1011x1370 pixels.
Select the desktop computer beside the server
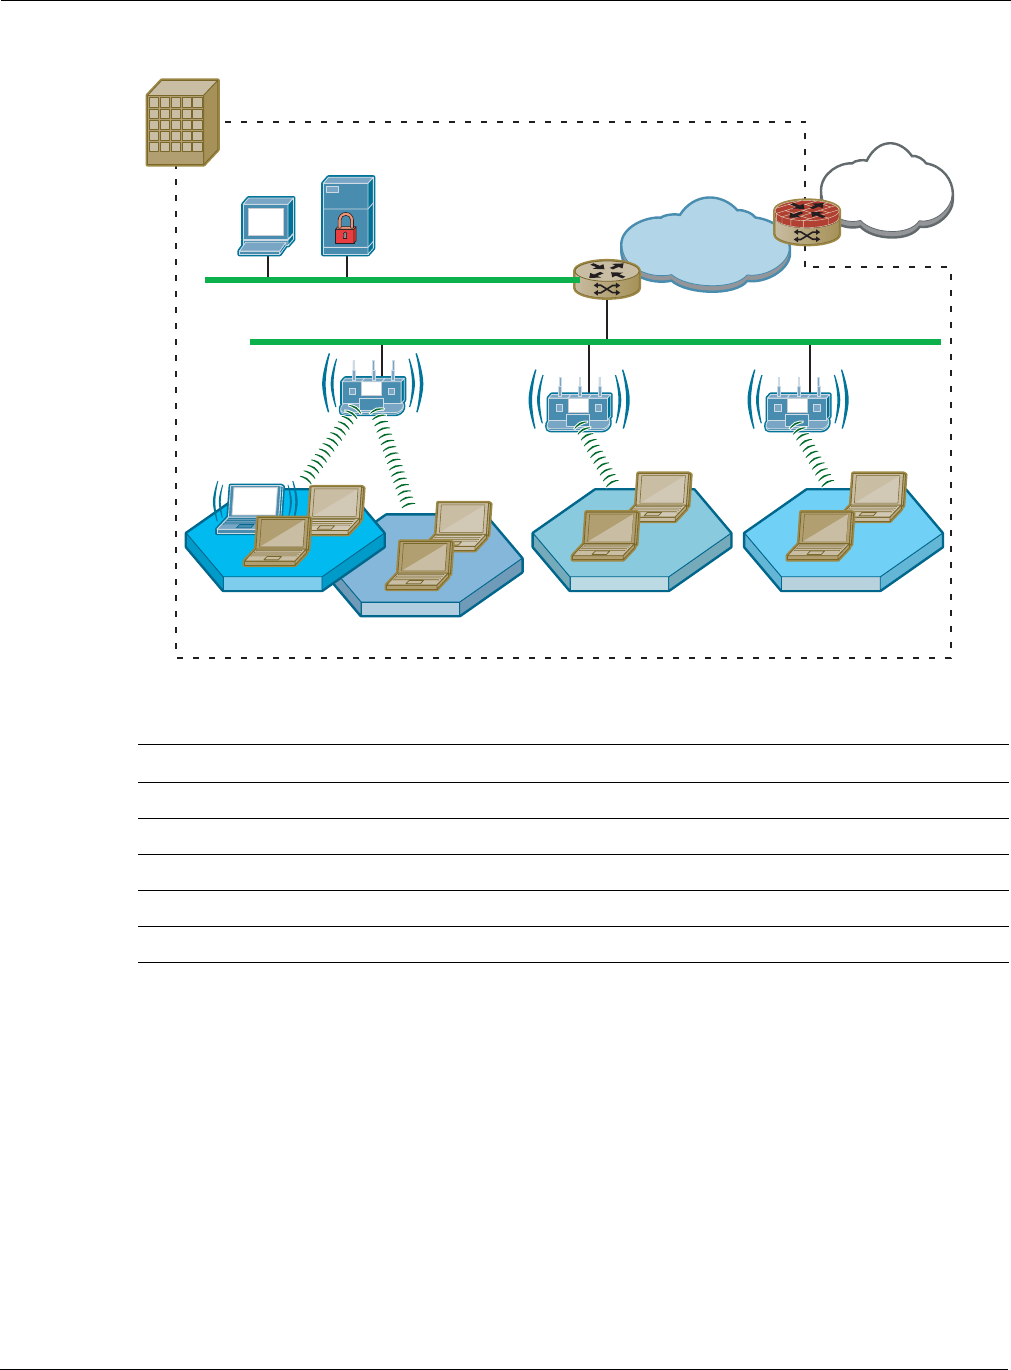[267, 224]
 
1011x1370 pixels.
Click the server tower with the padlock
[348, 215]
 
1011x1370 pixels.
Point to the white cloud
[885, 189]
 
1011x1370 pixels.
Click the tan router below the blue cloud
[606, 279]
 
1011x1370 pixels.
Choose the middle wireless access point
[579, 408]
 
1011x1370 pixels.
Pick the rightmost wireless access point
[797, 408]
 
